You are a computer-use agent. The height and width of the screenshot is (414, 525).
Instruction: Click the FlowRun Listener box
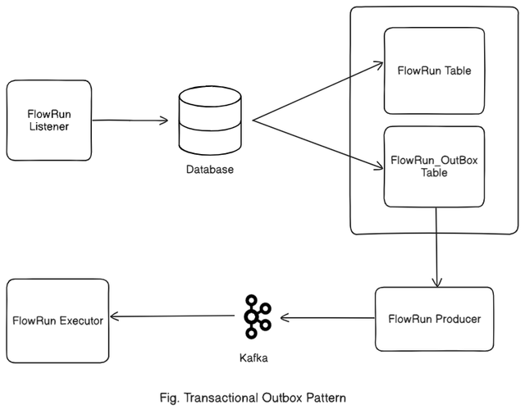[48, 121]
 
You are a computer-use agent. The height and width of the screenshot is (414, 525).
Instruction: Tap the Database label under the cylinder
[208, 170]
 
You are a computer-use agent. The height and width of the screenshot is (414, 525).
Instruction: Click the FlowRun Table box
[433, 71]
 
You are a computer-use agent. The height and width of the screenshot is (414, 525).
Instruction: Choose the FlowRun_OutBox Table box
[433, 166]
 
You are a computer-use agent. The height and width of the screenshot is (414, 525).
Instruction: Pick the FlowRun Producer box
[434, 319]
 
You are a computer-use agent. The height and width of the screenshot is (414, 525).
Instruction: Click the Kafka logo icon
[258, 316]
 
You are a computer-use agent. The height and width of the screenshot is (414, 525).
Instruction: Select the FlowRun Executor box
[57, 320]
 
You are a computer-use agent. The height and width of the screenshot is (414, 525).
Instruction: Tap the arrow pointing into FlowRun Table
[320, 90]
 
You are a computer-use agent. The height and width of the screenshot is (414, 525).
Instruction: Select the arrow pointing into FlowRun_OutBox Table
[320, 145]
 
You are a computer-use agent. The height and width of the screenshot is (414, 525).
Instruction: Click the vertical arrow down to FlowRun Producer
[436, 246]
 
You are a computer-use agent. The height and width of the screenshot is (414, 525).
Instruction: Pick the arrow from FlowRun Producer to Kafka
[328, 318]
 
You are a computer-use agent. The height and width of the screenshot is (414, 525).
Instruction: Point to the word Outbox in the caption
[277, 398]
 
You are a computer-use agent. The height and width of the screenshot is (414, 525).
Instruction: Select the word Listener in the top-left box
[48, 128]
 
